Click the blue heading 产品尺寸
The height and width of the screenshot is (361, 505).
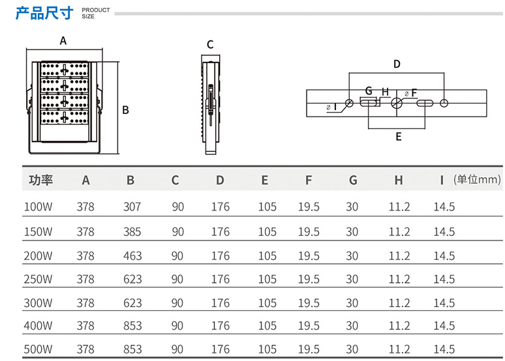coord(44,13)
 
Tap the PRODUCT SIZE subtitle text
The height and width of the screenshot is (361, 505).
coord(96,13)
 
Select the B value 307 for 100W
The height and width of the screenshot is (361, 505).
coord(132,207)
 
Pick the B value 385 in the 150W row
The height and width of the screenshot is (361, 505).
coord(132,232)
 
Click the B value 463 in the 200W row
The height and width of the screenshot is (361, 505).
coord(132,256)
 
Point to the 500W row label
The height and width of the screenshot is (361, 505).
coord(38,349)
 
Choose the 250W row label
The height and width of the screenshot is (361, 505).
coord(38,279)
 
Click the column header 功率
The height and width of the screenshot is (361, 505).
coord(40,180)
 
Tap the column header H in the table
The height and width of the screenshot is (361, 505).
coord(399,180)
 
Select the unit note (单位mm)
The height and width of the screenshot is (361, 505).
coord(477,180)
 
